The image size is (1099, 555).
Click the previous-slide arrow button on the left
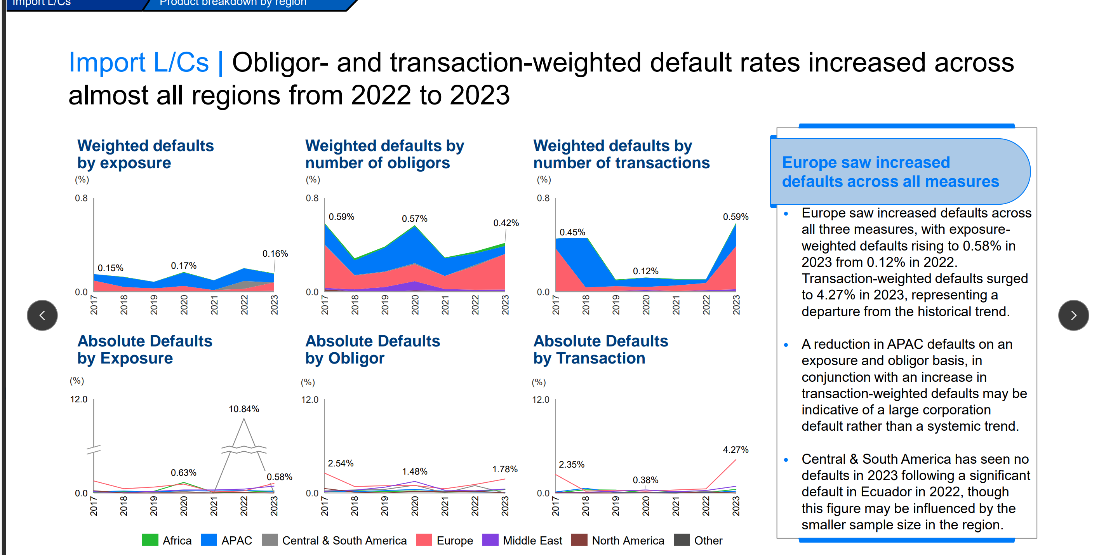[x=42, y=315]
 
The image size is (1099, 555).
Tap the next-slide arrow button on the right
[x=1073, y=315]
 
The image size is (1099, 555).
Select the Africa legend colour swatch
[x=150, y=540]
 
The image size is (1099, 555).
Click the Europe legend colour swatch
[x=424, y=540]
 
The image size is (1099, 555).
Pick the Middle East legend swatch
[x=490, y=540]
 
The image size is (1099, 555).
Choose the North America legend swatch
[x=579, y=540]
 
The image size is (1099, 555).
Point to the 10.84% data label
[x=243, y=409]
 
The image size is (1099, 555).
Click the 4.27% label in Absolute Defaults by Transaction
[x=736, y=450]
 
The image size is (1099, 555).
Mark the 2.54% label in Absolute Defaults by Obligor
[x=341, y=463]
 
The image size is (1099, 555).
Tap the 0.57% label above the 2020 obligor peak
[x=414, y=219]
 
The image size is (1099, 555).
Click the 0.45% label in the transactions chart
[x=572, y=233]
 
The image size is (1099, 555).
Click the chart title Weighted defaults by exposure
[x=145, y=155]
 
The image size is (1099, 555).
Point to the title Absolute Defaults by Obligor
[x=372, y=350]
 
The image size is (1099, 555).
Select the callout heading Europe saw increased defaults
[x=890, y=172]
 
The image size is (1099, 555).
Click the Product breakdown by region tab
[x=233, y=3]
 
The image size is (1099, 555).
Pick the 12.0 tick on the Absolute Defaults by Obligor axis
[x=310, y=400]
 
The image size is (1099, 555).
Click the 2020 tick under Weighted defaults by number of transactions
[x=646, y=304]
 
